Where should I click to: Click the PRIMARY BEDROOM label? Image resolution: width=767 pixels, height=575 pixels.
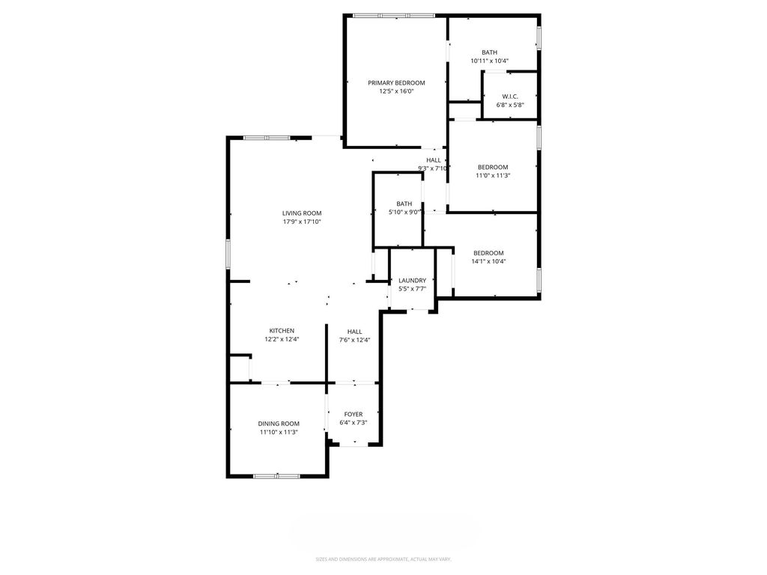(x=396, y=82)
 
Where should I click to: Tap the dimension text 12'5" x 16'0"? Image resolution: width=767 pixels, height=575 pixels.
(x=396, y=91)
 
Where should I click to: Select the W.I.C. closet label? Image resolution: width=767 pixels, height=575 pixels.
(x=510, y=96)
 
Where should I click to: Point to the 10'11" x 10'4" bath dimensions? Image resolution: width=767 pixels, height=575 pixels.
(x=489, y=61)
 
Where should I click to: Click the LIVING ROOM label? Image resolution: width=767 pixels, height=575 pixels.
(x=302, y=213)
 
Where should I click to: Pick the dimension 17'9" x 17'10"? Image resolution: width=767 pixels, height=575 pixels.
(x=302, y=222)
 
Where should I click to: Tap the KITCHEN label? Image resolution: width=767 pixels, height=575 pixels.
(x=282, y=330)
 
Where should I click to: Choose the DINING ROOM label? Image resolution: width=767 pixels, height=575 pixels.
(x=279, y=423)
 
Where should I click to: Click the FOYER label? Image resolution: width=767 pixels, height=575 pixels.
(x=354, y=414)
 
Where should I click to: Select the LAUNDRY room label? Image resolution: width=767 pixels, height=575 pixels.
(x=412, y=280)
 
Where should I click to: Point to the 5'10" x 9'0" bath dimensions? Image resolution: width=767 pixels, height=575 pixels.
(x=404, y=212)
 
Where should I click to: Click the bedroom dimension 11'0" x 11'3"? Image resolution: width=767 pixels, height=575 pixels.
(x=493, y=176)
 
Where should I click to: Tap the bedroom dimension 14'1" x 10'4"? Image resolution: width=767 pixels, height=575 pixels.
(x=488, y=261)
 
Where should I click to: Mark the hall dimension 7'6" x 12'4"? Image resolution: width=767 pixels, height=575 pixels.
(x=355, y=340)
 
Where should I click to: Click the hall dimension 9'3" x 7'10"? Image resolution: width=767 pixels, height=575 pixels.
(x=434, y=168)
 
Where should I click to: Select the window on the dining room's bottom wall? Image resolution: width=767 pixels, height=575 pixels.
(x=276, y=475)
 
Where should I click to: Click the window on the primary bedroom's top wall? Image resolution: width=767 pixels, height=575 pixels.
(x=393, y=15)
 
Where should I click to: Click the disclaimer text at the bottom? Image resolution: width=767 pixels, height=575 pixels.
(x=383, y=559)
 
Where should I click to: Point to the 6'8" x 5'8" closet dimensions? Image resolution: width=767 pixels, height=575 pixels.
(x=510, y=105)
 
